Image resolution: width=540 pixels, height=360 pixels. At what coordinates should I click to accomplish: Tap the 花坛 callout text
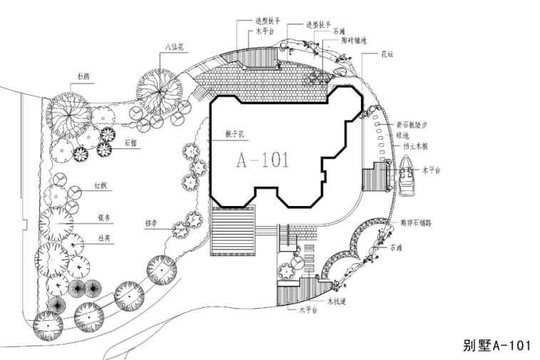pos(387,53)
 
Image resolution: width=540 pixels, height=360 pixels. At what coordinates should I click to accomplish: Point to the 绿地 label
pos(402,135)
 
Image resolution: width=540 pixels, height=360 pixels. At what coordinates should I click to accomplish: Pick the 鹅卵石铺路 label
pos(416,222)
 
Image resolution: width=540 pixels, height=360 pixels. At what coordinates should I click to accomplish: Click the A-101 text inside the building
pos(263,160)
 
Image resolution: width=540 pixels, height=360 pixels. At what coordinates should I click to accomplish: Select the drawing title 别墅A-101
pos(497,346)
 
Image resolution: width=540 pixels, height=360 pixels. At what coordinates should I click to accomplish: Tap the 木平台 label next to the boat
pos(433,170)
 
